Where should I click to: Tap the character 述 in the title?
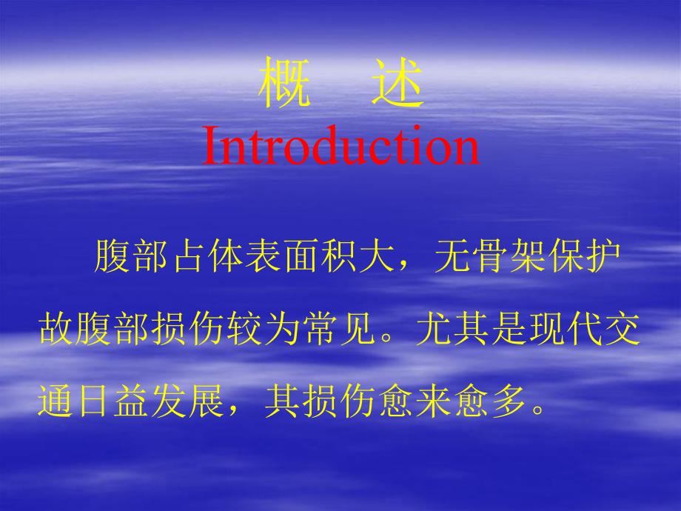coord(397,84)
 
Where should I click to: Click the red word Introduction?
coord(340,145)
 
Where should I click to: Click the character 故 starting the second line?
coord(56,331)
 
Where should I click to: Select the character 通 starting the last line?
coord(56,404)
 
